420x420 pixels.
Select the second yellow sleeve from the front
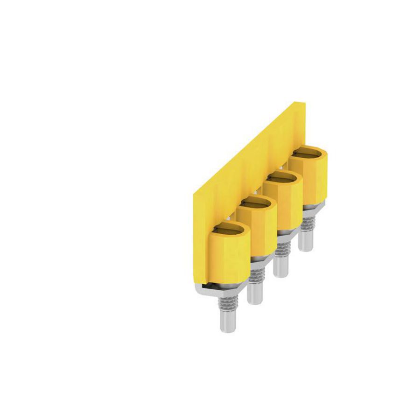pyautogui.click(x=256, y=229)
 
